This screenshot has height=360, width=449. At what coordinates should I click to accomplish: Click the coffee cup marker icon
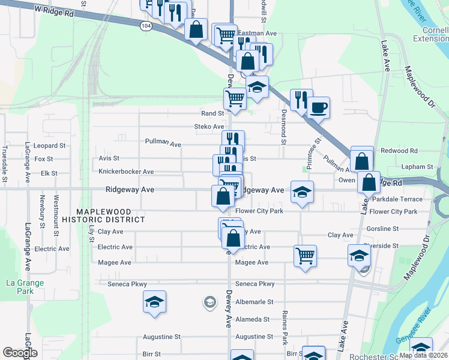click(x=318, y=108)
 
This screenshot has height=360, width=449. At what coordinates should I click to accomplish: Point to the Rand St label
click(x=212, y=113)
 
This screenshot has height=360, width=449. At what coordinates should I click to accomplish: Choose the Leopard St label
click(x=49, y=146)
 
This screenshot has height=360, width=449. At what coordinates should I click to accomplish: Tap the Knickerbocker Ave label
click(x=126, y=172)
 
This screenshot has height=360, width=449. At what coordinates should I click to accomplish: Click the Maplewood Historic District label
click(x=111, y=215)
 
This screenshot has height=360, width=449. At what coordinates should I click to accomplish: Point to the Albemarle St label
click(x=255, y=302)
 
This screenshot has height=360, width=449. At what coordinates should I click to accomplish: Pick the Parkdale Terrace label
click(x=397, y=199)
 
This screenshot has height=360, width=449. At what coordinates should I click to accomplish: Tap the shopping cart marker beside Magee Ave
click(x=306, y=256)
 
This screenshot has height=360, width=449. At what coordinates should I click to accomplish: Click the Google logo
click(x=20, y=352)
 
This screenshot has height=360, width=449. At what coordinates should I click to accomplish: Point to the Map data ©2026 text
click(x=423, y=355)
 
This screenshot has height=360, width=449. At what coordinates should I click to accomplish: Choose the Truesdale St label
click(x=5, y=164)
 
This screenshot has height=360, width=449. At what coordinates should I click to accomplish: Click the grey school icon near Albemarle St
click(x=209, y=301)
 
